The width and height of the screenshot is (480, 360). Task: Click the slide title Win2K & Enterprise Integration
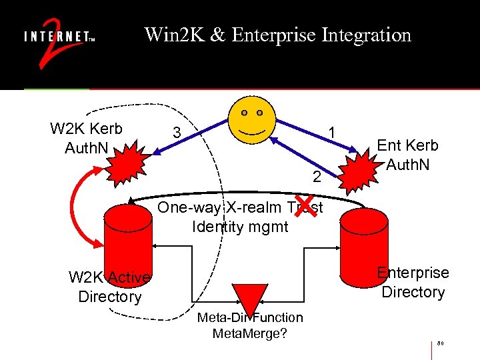pyautogui.click(x=277, y=35)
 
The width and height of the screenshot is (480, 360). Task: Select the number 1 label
pyautogui.click(x=331, y=133)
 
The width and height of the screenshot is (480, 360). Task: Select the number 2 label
pyautogui.click(x=317, y=177)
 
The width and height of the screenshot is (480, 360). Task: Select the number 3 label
pyautogui.click(x=176, y=133)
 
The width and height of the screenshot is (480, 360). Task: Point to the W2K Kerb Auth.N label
pyautogui.click(x=86, y=138)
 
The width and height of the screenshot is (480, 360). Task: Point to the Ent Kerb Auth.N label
pyautogui.click(x=407, y=154)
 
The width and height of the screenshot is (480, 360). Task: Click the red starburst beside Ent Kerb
pyautogui.click(x=359, y=170)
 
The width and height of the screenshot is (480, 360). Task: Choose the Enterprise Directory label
pyautogui.click(x=413, y=282)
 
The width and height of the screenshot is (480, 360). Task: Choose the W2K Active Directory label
pyautogui.click(x=110, y=287)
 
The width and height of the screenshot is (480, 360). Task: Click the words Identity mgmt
pyautogui.click(x=240, y=227)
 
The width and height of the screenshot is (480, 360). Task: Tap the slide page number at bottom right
pyautogui.click(x=441, y=344)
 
